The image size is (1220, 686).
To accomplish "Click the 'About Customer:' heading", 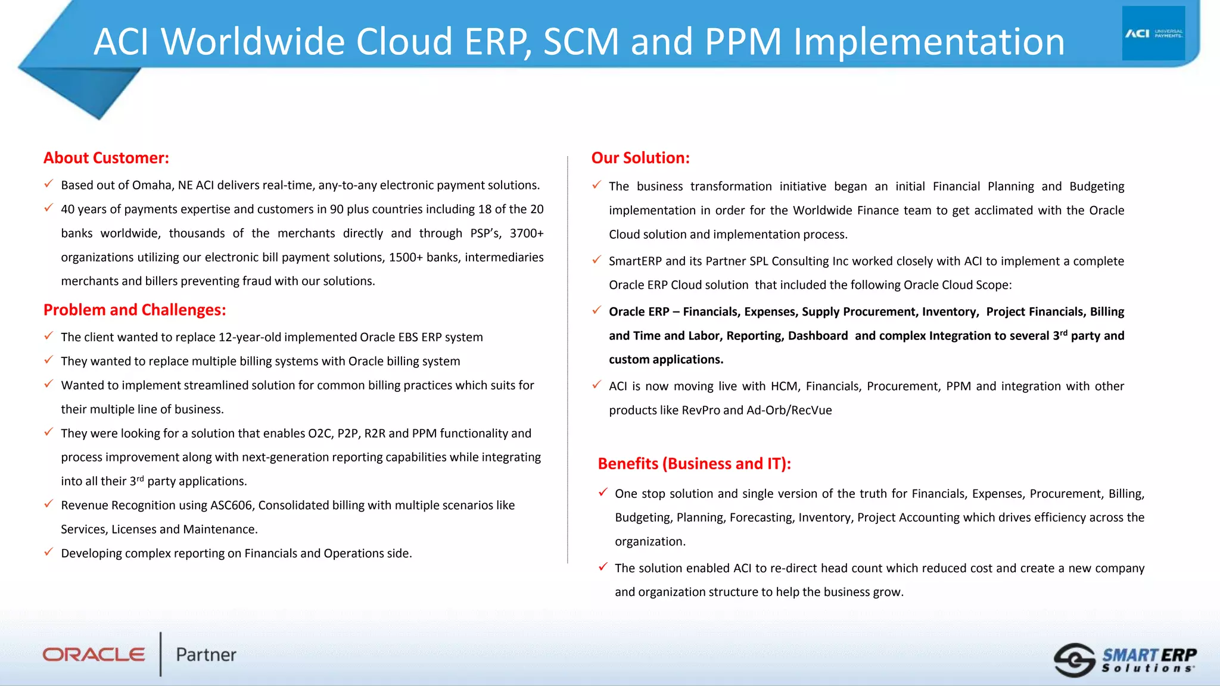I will [x=106, y=158].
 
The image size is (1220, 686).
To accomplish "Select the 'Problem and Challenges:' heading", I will [x=135, y=310].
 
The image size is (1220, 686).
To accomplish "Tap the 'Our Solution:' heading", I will [x=640, y=158].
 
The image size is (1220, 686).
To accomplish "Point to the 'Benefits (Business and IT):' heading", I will [x=694, y=463].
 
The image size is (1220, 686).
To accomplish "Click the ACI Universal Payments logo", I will [x=1153, y=33].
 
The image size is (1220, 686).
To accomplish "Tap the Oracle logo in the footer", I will [x=94, y=654].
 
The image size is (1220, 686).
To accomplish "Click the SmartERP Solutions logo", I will [x=1125, y=660].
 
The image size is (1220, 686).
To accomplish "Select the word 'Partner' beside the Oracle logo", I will [x=206, y=654].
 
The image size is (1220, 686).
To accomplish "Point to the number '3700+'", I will [x=527, y=233].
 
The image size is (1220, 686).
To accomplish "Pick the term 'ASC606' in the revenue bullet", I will [x=232, y=506].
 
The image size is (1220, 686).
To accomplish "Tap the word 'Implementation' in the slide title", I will [x=929, y=42].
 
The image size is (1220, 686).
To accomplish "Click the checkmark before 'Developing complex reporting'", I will [x=49, y=552].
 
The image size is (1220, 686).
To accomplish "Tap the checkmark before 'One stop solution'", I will [x=603, y=492].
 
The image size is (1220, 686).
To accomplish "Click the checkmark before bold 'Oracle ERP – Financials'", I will [x=597, y=310].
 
